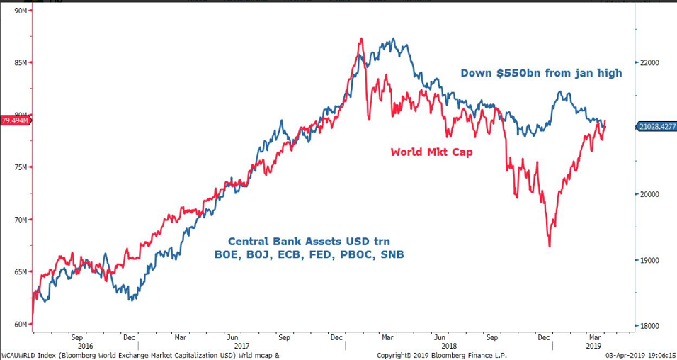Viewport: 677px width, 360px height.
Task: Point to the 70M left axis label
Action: [x=19, y=220]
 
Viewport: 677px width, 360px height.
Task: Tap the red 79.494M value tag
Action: [x=15, y=121]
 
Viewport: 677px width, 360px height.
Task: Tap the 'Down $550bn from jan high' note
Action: [x=541, y=72]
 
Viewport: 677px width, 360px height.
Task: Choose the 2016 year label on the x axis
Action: [x=85, y=346]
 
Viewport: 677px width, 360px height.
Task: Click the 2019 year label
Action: [x=593, y=346]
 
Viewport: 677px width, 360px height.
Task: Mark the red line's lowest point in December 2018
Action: [x=550, y=246]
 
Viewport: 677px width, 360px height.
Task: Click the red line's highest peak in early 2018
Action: [x=361, y=39]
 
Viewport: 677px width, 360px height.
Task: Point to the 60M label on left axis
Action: [x=19, y=325]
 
